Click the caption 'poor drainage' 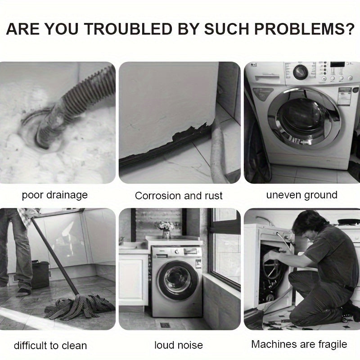[x=54, y=195]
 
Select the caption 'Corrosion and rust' [x=179, y=196]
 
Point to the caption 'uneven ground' [x=301, y=195]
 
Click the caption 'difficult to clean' [x=50, y=346]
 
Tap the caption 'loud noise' [x=178, y=346]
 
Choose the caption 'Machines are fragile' [x=299, y=345]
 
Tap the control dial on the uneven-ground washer [x=300, y=72]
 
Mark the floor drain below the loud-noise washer [x=163, y=324]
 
